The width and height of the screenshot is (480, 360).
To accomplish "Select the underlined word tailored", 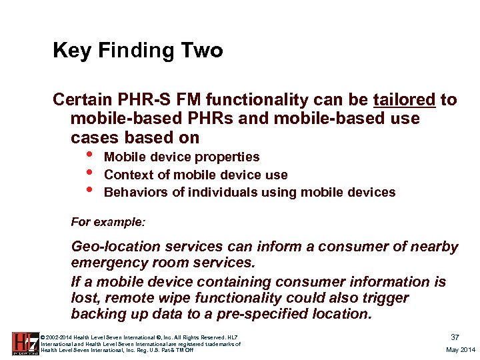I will [x=404, y=100].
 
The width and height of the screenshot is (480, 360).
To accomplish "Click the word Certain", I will [x=82, y=100].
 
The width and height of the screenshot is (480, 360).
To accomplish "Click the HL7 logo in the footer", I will [x=25, y=342].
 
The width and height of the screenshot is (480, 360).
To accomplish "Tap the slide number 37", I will [x=455, y=337].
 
